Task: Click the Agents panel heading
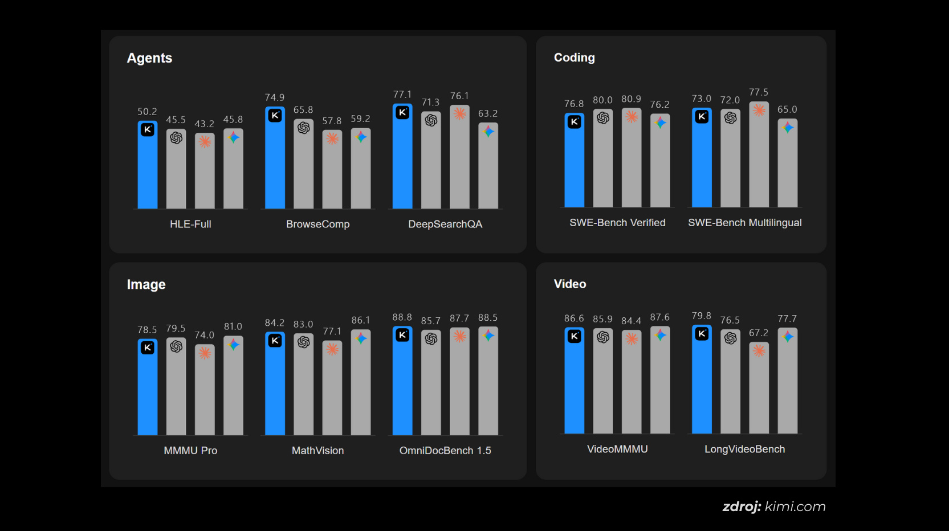pos(149,58)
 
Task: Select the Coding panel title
pos(574,58)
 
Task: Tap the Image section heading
pos(146,284)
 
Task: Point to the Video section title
pos(569,284)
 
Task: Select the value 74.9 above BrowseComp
pos(275,97)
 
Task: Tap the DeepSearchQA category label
pos(445,224)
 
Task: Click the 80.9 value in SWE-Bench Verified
pos(631,99)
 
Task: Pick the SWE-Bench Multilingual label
pos(744,223)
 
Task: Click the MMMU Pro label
pos(190,450)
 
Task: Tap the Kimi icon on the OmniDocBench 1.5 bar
pos(402,335)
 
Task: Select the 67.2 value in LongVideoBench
pos(758,333)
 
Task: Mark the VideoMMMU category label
pos(617,449)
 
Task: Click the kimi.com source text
pos(795,507)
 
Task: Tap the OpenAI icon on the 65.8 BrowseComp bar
pos(304,128)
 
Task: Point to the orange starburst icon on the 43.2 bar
pos(205,141)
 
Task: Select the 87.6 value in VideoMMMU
pos(659,317)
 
